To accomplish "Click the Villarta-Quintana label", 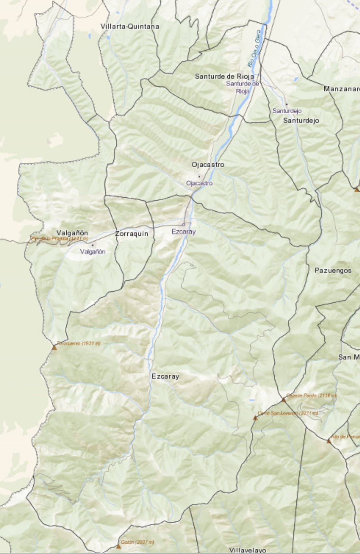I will pyautogui.click(x=130, y=26).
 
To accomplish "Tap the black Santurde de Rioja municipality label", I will pyautogui.click(x=224, y=76).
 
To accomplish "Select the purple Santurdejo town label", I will pyautogui.click(x=287, y=111).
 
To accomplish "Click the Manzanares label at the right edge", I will pyautogui.click(x=342, y=89).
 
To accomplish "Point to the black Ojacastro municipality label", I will pyautogui.click(x=208, y=165).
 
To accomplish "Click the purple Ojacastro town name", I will pyautogui.click(x=199, y=183).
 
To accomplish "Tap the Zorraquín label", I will pyautogui.click(x=132, y=234).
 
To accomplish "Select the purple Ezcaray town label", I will pyautogui.click(x=184, y=232).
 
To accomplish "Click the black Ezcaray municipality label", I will pyautogui.click(x=165, y=376).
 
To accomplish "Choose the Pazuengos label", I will pyautogui.click(x=333, y=270).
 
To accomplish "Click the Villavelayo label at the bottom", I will pyautogui.click(x=247, y=550).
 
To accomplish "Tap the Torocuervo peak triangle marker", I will pyautogui.click(x=54, y=348).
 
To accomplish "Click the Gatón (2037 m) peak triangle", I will pyautogui.click(x=119, y=546).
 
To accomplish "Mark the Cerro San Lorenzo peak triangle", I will pyautogui.click(x=255, y=418).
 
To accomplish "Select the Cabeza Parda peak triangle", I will pyautogui.click(x=284, y=400).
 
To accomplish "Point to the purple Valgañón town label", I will pyautogui.click(x=93, y=252).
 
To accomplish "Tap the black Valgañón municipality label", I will pyautogui.click(x=72, y=233).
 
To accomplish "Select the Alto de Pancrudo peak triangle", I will pyautogui.click(x=329, y=441).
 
